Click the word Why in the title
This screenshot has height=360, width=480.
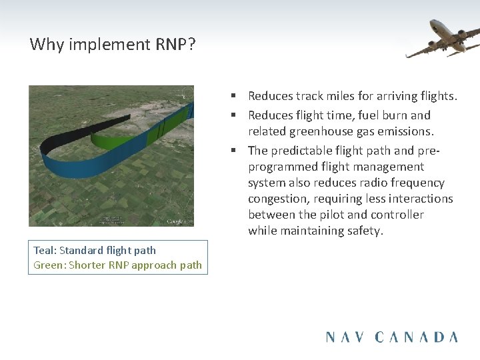tap(45, 45)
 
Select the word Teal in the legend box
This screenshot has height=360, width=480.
tap(44, 251)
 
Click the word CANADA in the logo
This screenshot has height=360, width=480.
tap(417, 337)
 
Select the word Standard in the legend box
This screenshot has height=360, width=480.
tap(82, 251)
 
